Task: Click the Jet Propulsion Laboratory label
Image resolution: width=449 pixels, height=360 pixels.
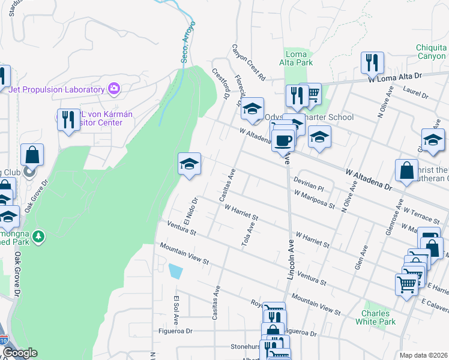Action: tap(57, 89)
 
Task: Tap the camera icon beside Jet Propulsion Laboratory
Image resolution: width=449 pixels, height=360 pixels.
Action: tap(113, 89)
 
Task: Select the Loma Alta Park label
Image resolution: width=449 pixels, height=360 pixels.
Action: tap(296, 58)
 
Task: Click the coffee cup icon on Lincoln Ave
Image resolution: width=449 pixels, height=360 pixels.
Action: tap(283, 141)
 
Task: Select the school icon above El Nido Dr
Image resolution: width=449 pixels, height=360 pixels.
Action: tap(189, 164)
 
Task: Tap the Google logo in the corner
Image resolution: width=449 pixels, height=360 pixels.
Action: tap(20, 353)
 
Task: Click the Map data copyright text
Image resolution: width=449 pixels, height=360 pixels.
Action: tap(423, 355)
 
